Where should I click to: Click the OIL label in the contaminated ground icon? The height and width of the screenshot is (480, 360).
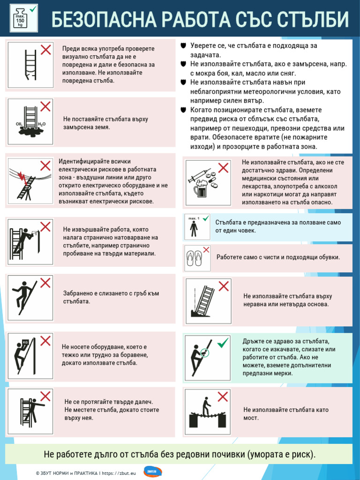click(19, 124)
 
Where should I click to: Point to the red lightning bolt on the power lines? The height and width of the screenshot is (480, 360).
click(21, 176)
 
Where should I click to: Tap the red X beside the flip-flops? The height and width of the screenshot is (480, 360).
click(206, 249)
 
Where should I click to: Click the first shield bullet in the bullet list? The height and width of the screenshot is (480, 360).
click(183, 45)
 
